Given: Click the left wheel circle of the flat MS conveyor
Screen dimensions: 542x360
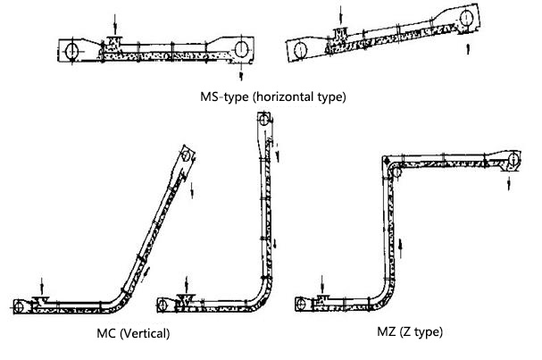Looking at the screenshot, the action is [x=72, y=51].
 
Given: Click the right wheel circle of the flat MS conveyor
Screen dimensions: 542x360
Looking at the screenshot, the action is [x=241, y=49].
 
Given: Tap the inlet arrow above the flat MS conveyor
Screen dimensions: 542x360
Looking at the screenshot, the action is [x=115, y=24].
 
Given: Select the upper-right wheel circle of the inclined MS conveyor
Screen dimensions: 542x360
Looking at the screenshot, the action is [x=466, y=18].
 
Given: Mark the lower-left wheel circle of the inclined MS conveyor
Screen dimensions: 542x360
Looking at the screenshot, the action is [x=301, y=50].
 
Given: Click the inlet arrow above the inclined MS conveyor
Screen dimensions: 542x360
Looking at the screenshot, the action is [x=341, y=15].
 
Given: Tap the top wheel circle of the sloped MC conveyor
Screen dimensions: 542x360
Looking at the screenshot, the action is [x=186, y=156].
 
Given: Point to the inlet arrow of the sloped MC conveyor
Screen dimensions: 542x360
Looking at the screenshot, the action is [x=42, y=287].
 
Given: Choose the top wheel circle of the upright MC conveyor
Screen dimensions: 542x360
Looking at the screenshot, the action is [x=264, y=120].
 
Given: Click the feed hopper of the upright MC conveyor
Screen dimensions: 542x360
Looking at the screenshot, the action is [x=186, y=299].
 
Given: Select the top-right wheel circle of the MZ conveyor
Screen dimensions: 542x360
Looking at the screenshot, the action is [x=513, y=159].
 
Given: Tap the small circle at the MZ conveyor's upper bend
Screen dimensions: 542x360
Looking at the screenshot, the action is [x=396, y=172].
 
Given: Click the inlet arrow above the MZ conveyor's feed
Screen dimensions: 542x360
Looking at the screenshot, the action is [x=321, y=284].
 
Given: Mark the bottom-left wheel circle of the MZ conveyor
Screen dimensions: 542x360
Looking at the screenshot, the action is [x=301, y=305].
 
